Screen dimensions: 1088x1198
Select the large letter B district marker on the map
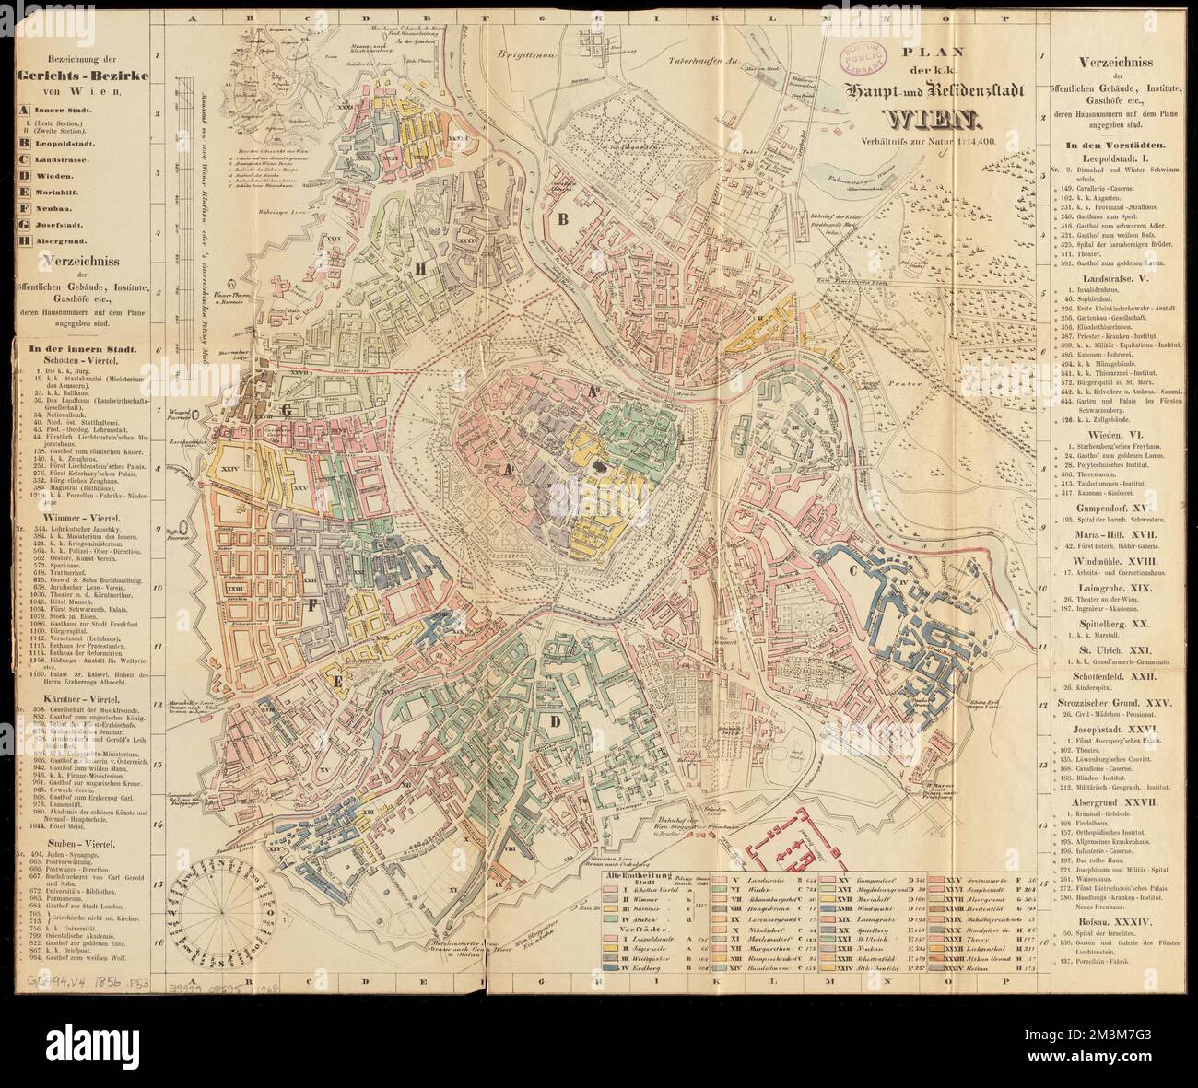point(560,219)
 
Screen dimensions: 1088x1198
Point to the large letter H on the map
point(421,268)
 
